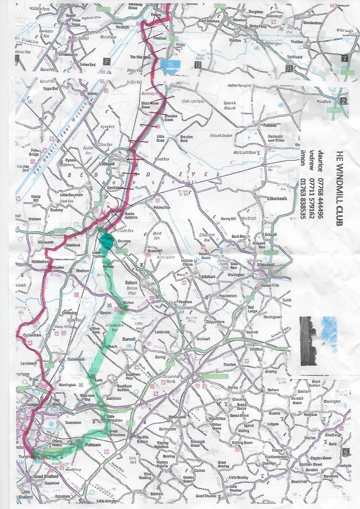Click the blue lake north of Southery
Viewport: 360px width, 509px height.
point(168,63)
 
